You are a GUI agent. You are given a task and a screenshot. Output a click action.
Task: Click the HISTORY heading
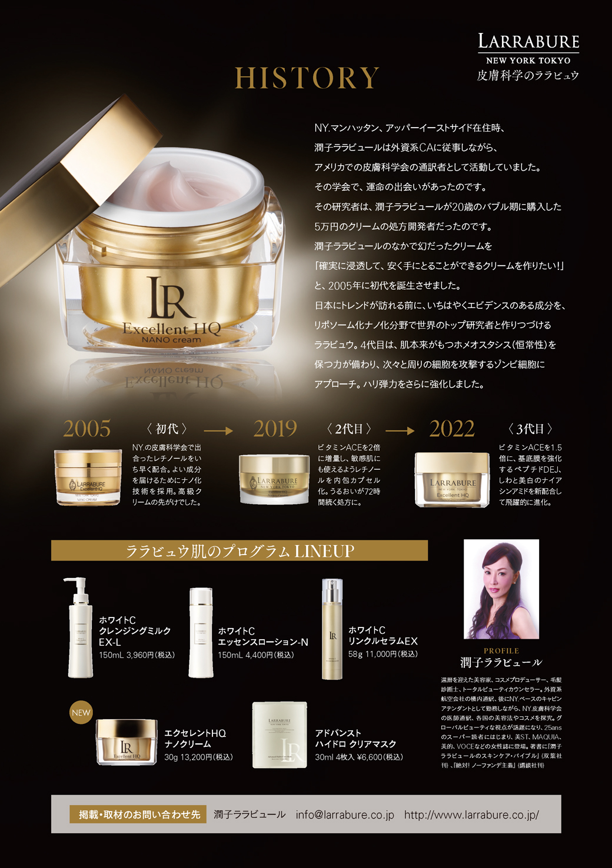(307, 78)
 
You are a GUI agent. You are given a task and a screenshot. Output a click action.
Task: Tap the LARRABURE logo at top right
(528, 42)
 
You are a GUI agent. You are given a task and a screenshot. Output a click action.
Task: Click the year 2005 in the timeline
(87, 429)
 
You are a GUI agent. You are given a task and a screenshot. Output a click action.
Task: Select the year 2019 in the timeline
(275, 429)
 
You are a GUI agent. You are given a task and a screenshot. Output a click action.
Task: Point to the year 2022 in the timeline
(452, 429)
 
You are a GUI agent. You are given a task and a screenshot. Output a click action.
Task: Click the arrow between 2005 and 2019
(218, 431)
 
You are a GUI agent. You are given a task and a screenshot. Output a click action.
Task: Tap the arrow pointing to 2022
(400, 431)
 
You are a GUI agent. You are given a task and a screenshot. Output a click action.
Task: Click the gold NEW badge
(81, 713)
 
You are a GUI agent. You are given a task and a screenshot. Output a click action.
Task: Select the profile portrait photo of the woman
(501, 589)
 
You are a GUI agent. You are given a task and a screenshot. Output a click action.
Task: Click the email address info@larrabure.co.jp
(345, 814)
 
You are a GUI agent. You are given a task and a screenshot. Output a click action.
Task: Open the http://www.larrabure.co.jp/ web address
(471, 814)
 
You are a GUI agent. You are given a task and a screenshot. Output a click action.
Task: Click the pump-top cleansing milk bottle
(80, 629)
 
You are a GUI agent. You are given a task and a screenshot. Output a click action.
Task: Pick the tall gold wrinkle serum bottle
(332, 629)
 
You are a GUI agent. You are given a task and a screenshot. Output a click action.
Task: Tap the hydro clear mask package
(280, 735)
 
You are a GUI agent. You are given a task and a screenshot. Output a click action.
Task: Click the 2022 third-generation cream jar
(452, 479)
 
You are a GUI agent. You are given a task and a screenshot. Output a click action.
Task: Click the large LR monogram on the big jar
(170, 298)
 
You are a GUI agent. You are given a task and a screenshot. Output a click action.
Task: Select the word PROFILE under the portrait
(501, 651)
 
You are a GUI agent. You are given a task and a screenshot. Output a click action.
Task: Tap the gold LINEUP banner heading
(240, 551)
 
